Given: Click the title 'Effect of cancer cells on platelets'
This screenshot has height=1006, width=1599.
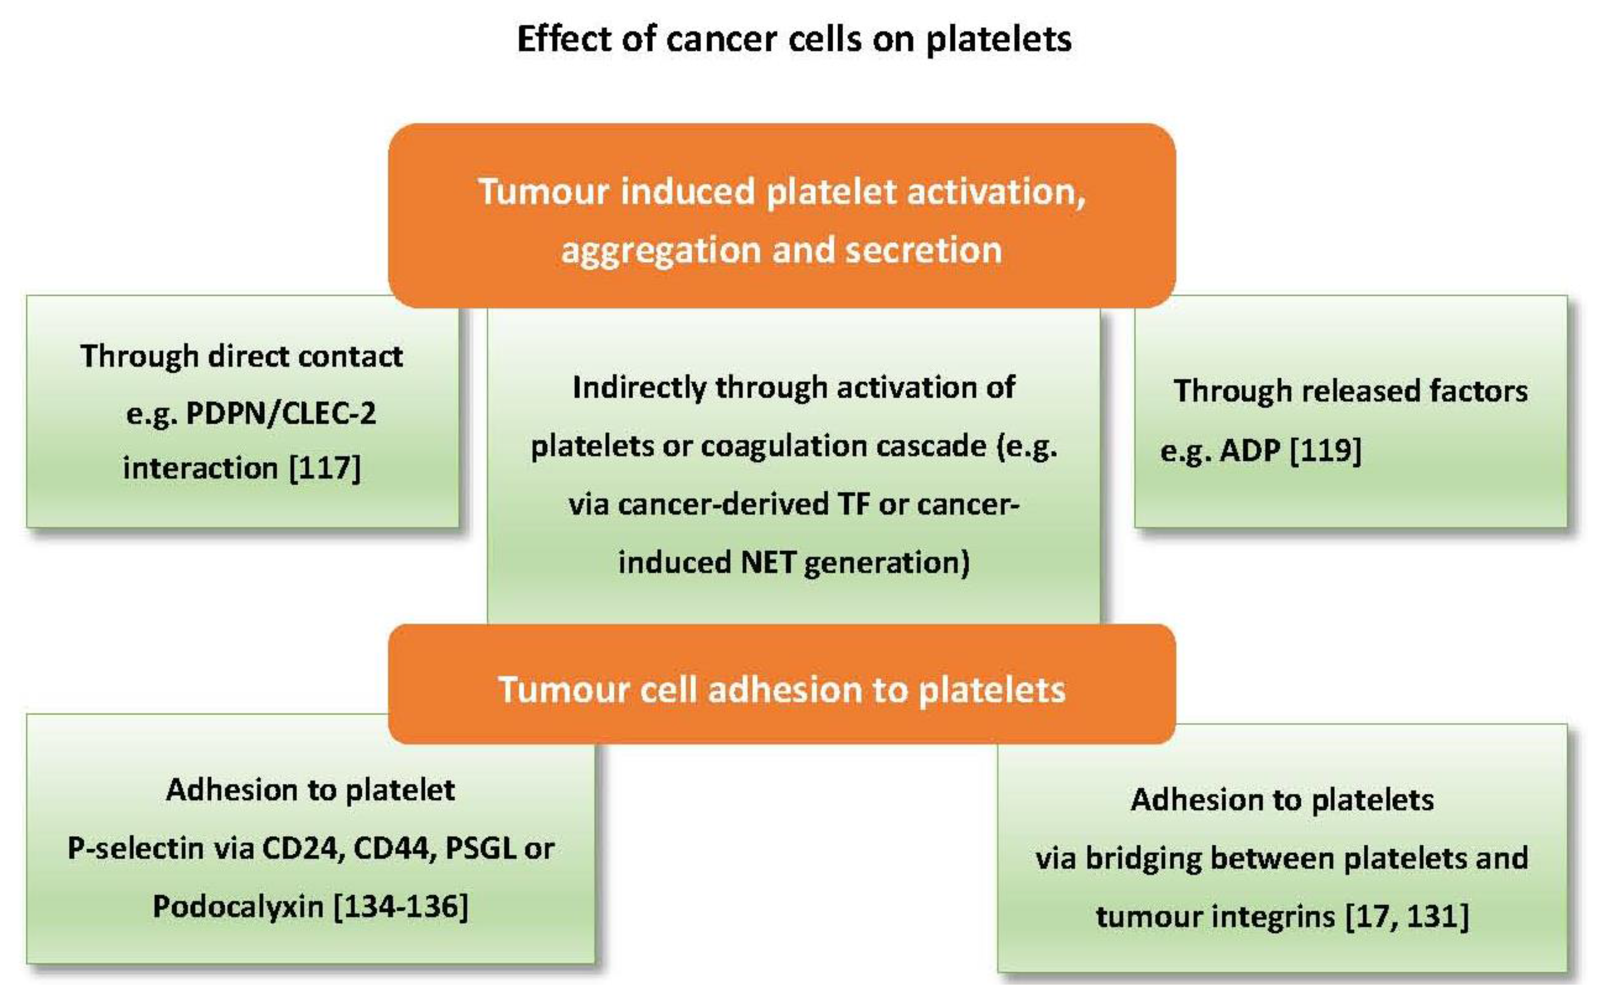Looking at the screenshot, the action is click(794, 38).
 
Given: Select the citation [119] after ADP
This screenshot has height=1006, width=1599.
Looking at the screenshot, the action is click(1325, 451).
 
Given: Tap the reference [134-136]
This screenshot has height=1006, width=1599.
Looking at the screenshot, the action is click(400, 906).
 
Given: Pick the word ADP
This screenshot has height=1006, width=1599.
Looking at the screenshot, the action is click(1250, 451).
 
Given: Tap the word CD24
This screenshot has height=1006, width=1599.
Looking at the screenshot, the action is click(303, 849).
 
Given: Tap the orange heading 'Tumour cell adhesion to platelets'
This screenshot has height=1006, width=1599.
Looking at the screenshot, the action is click(782, 689).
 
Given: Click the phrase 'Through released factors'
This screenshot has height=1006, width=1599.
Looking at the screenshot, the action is click(1351, 391).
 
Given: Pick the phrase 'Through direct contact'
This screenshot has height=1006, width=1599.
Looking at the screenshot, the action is click(242, 356).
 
